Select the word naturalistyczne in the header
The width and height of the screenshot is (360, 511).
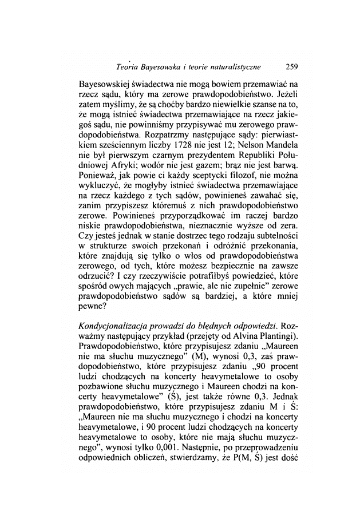[x=240, y=67]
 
